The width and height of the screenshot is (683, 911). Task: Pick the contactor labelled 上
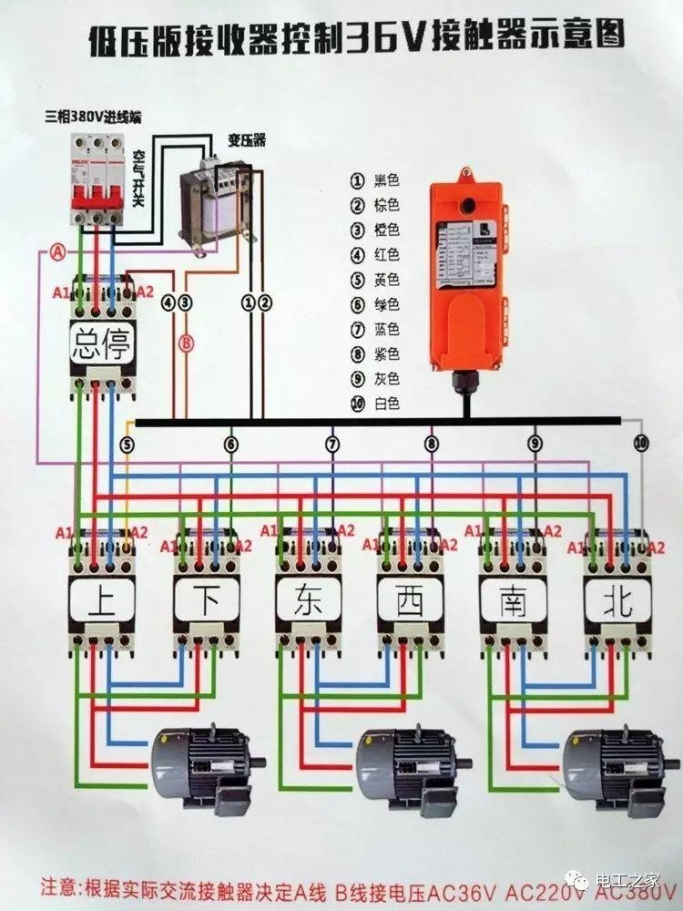point(102,601)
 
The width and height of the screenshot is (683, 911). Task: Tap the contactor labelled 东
point(309,601)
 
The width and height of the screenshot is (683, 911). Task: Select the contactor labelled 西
point(411,601)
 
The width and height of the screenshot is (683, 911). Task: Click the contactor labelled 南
point(514,601)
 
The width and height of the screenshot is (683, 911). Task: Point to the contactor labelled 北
point(617,601)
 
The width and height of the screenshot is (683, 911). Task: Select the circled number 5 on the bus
point(127,445)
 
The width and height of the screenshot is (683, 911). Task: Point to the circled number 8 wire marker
point(431,445)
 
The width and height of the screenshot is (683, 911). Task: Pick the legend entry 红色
point(377,255)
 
